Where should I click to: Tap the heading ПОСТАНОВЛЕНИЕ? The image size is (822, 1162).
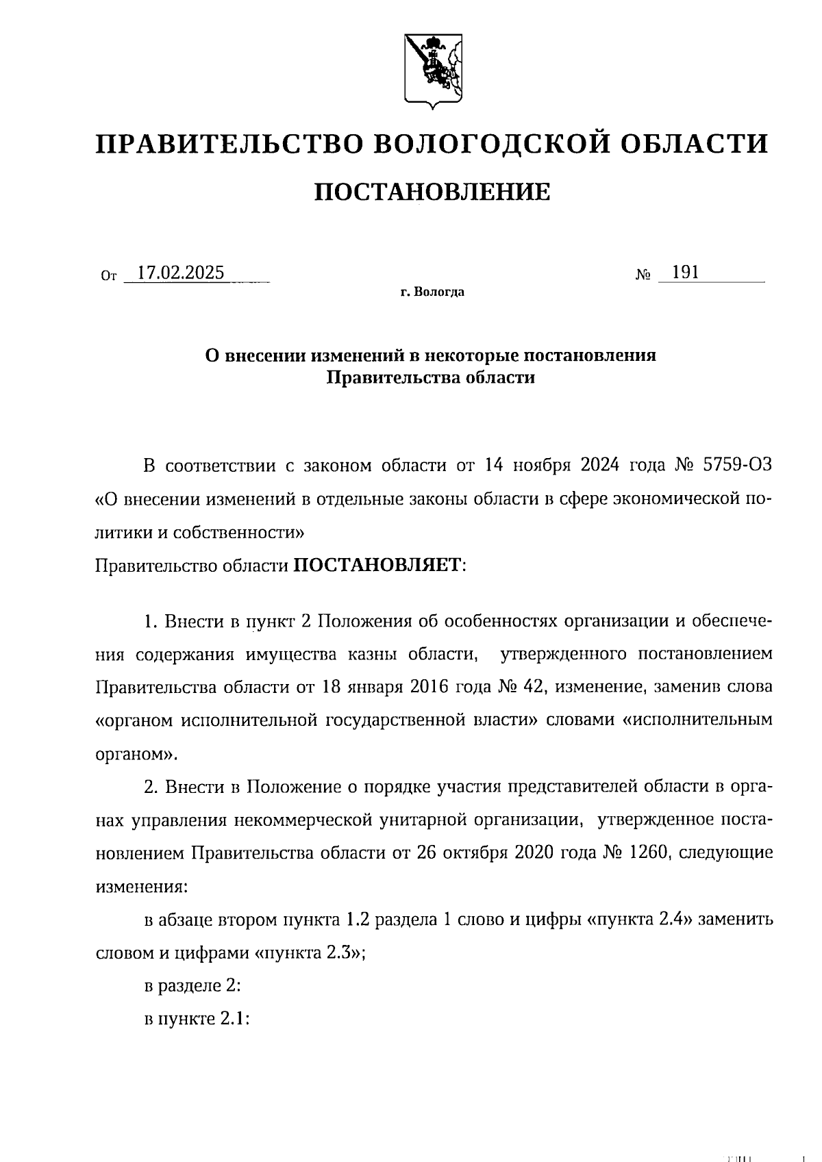pyautogui.click(x=432, y=192)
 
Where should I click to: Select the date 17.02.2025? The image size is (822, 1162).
pyautogui.click(x=180, y=273)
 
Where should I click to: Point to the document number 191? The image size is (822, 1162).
pyautogui.click(x=685, y=273)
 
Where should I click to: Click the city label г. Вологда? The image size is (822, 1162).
pyautogui.click(x=432, y=293)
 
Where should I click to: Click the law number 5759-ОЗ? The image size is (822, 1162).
pyautogui.click(x=738, y=466)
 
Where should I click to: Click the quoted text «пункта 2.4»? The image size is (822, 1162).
pyautogui.click(x=643, y=920)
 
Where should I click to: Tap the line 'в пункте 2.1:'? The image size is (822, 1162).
pyautogui.click(x=197, y=1019)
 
